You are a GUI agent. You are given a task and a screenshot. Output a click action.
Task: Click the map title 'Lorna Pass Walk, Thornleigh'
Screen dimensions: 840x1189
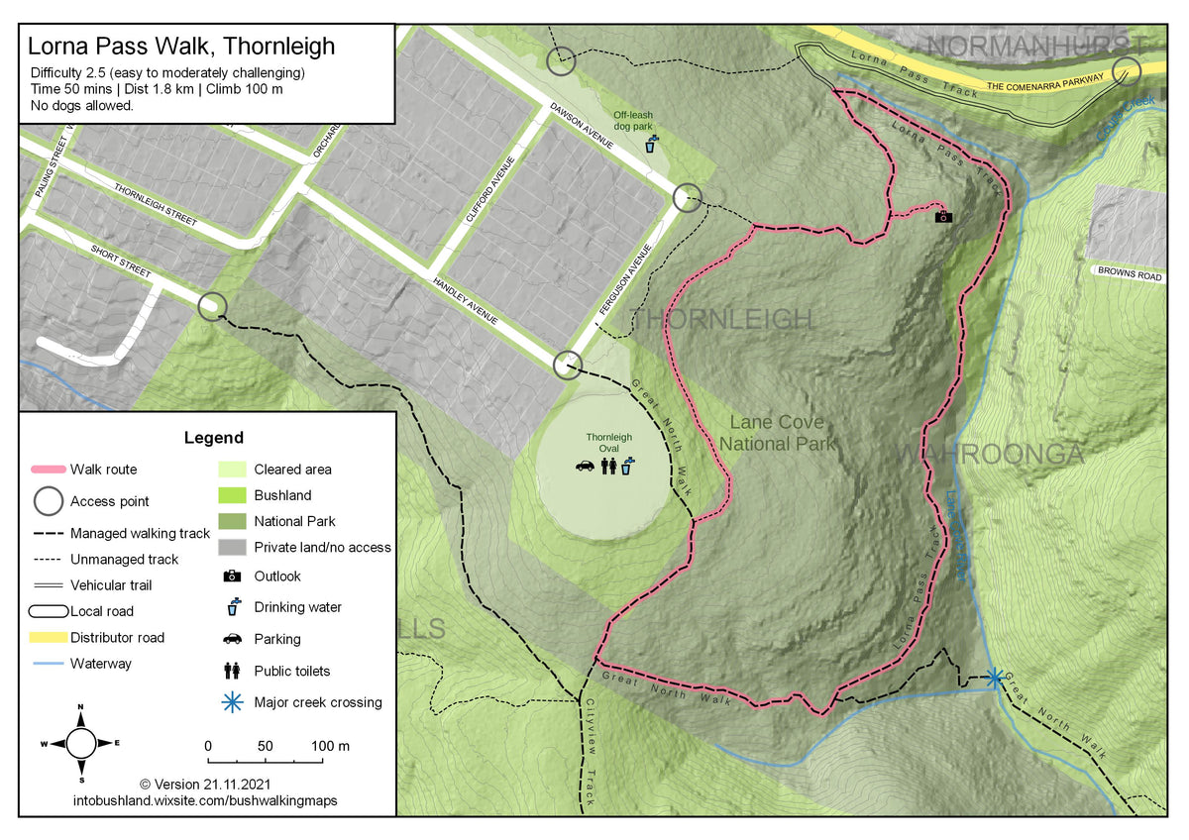181,46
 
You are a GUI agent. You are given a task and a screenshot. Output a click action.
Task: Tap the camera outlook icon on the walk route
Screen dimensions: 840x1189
943,216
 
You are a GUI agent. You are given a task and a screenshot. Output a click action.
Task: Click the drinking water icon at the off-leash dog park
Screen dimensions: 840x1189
650,145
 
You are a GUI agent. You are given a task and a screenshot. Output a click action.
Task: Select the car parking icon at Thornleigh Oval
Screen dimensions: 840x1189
585,466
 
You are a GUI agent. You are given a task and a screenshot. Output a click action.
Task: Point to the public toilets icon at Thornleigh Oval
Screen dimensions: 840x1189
608,466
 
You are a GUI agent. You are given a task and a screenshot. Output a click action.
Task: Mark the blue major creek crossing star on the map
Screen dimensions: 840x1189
994,678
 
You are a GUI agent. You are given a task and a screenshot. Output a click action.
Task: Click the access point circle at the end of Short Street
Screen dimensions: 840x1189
211,306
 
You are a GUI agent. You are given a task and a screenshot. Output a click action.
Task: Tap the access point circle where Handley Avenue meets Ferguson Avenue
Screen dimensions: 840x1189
567,365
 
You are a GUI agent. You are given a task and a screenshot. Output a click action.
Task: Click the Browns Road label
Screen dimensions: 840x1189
1127,276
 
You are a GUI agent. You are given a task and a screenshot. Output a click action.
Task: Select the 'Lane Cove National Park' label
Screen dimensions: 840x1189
778,434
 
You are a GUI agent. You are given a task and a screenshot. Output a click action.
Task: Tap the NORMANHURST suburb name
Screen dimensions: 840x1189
1035,46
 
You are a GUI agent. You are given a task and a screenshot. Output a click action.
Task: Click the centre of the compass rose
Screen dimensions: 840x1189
80,741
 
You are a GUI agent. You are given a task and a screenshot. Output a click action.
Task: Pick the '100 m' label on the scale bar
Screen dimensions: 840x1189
330,745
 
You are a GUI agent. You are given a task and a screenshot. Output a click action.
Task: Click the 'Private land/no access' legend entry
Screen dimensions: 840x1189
322,547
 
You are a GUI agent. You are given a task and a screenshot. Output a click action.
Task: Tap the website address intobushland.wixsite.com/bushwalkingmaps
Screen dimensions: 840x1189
205,799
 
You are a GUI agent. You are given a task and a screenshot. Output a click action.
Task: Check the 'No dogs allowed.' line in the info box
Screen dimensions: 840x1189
81,105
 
